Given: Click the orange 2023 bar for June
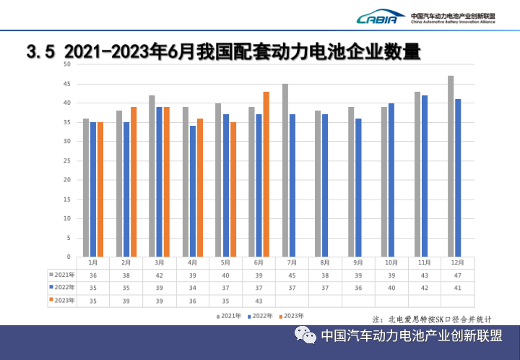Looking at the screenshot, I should [x=266, y=173].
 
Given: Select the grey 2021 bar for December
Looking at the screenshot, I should [x=451, y=166].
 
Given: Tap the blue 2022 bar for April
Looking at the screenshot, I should [x=193, y=191].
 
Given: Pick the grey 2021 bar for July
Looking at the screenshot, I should [x=285, y=170].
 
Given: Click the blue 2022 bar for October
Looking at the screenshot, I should [x=391, y=179].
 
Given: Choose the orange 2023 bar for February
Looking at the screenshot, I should [x=134, y=181].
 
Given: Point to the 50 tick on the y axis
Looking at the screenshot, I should [x=66, y=64].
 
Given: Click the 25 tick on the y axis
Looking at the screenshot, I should [x=66, y=160].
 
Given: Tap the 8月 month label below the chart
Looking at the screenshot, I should [x=325, y=262].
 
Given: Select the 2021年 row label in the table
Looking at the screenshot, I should [x=62, y=275].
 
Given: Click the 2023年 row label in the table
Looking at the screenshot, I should [x=62, y=299].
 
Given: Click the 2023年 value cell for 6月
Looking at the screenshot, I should [x=259, y=299].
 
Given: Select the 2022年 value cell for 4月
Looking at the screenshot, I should [x=193, y=287].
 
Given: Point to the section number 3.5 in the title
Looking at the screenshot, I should [x=40, y=52].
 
